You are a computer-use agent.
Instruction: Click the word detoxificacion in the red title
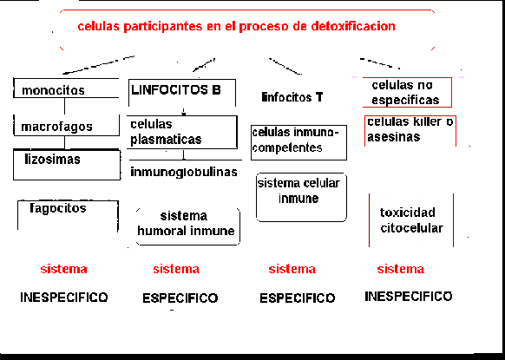[353, 26]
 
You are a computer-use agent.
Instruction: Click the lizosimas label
[52, 159]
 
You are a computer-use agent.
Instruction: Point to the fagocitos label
[58, 208]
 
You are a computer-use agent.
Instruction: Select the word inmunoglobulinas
[184, 172]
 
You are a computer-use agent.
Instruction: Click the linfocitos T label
[292, 97]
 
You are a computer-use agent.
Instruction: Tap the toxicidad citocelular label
[411, 220]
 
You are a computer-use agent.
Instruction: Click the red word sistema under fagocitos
[63, 269]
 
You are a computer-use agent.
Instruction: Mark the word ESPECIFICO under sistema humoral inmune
[180, 298]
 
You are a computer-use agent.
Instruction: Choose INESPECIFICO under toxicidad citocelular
[409, 297]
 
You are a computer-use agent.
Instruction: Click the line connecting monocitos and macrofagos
[64, 106]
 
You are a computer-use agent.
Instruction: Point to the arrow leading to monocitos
[99, 65]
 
